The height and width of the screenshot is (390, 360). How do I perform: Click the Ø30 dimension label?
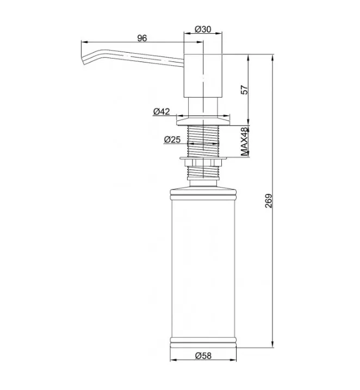tap(203, 29)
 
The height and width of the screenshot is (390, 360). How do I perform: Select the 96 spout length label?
tap(142, 38)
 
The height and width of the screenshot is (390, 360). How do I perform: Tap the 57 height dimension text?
tap(244, 90)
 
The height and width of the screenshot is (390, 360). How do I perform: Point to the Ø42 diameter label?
tap(162, 111)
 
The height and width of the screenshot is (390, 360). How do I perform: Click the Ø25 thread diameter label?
tap(172, 140)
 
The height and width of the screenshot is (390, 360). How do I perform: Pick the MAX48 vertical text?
tap(245, 142)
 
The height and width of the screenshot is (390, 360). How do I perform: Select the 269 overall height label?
tap(269, 201)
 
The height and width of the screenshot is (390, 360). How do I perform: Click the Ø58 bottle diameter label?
tap(203, 356)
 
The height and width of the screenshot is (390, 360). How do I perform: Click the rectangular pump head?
tap(203, 76)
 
